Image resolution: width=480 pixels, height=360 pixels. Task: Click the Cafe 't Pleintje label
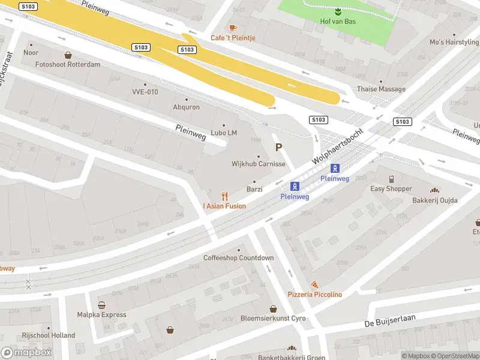point(233,38)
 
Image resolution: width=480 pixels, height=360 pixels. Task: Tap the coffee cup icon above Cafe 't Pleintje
point(233,28)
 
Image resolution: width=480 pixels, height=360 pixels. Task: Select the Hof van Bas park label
point(338,22)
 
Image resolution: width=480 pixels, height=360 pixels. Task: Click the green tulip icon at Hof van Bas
point(338,11)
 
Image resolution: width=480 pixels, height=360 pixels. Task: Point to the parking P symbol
point(278,147)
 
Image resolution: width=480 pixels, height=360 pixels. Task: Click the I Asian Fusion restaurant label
point(224,206)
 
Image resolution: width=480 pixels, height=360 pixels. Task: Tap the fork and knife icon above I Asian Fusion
point(225,196)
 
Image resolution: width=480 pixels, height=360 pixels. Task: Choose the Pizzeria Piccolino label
point(314,295)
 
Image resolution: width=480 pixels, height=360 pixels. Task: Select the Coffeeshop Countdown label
point(239,258)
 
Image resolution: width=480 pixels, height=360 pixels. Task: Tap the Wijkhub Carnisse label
point(258,164)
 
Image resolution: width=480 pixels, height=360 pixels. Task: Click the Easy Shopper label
point(391,188)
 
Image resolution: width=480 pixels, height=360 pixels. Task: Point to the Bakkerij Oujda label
point(434,200)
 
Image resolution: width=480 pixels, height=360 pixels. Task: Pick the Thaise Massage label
point(381,89)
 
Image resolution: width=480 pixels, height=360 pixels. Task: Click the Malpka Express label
point(101,314)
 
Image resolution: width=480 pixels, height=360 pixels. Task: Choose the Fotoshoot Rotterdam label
point(68,64)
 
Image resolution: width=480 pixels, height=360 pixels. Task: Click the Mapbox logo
point(26,352)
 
